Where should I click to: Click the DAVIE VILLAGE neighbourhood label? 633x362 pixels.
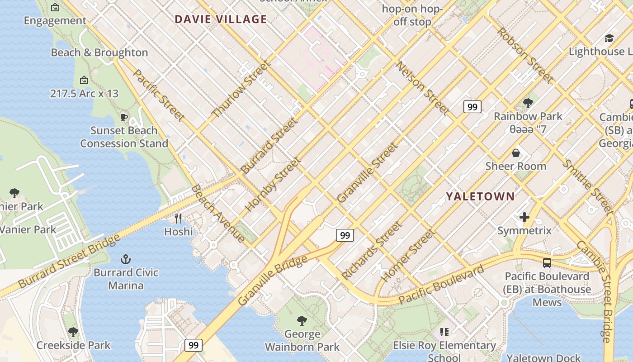(221, 19)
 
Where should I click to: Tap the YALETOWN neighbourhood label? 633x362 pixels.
(480, 196)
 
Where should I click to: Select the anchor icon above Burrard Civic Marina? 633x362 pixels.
(126, 259)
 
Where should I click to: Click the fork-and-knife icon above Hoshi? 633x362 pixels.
(178, 219)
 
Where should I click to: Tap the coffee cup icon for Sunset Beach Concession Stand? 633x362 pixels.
(124, 118)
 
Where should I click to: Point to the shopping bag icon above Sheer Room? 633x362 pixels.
(515, 153)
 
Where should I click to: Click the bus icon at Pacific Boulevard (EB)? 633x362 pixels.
(547, 262)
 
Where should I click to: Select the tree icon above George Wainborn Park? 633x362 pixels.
(302, 321)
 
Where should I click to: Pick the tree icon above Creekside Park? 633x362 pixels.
(73, 332)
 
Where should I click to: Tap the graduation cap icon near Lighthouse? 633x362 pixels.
(609, 38)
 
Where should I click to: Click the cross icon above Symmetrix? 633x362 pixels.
(524, 218)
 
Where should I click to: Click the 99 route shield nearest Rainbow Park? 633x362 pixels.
(472, 107)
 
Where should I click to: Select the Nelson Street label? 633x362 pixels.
(422, 88)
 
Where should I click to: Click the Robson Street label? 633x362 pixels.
(525, 56)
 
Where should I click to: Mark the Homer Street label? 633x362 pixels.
(408, 256)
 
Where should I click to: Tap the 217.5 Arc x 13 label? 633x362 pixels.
(84, 94)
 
